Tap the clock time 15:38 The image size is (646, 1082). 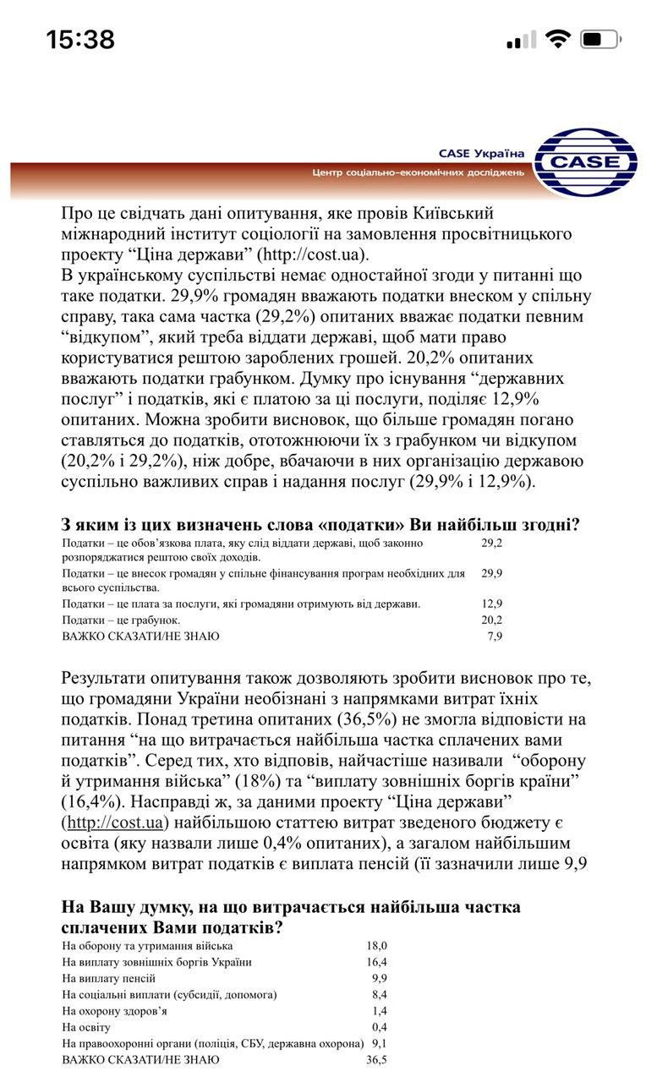point(80,39)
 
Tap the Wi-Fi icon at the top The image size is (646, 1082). point(558,39)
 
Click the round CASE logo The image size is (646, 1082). point(586,161)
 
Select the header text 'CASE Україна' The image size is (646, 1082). point(481,154)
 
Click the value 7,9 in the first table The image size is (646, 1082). point(495,636)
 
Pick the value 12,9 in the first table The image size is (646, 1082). point(491,604)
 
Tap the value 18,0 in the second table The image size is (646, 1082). point(376,946)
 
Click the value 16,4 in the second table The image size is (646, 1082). point(376,962)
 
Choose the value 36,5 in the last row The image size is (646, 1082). point(376,1059)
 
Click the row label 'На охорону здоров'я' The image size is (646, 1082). point(115,1011)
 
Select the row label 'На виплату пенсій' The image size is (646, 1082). point(109,978)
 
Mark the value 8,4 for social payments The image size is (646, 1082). point(379,994)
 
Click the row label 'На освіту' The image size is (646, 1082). point(87,1027)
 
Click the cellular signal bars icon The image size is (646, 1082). point(521,39)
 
